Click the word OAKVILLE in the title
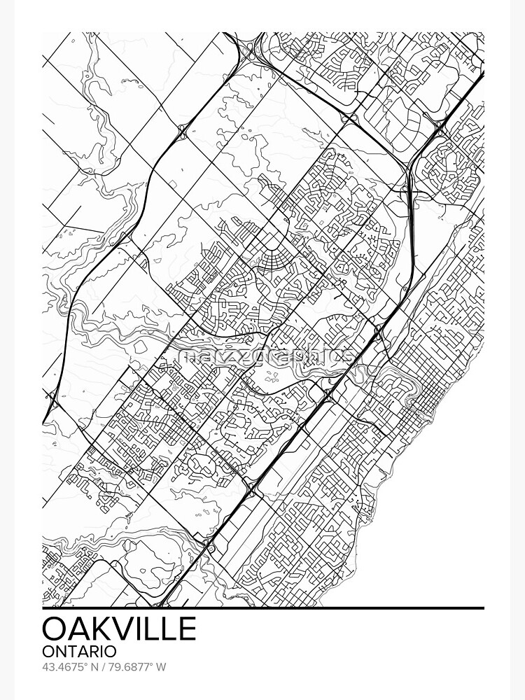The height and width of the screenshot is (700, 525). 119,628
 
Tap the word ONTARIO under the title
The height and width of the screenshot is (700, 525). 80,652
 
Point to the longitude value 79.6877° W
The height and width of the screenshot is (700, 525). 136,667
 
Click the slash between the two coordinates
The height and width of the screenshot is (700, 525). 102,667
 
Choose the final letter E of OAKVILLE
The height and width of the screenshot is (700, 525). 186,628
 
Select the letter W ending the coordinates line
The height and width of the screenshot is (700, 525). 161,667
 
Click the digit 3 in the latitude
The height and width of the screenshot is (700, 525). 52,667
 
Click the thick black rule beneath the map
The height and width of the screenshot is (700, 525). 262,608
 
